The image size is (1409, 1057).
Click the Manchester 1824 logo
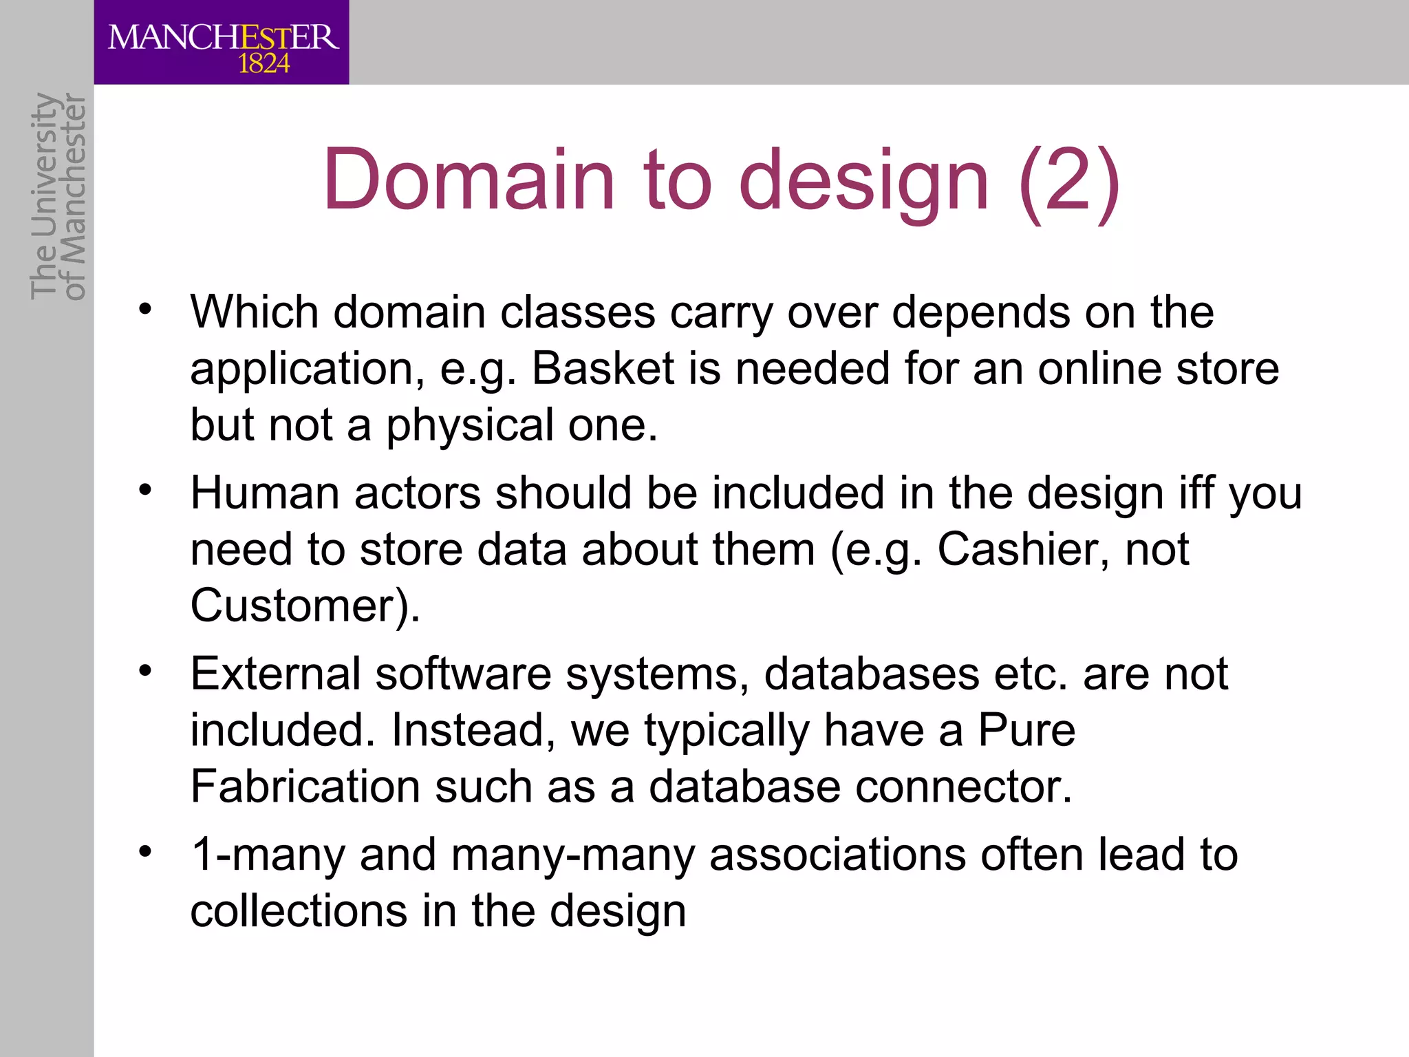[222, 43]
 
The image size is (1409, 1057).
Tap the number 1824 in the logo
[263, 64]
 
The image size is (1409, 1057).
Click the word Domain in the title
[469, 180]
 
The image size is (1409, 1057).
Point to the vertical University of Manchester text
[58, 196]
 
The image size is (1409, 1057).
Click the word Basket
[603, 369]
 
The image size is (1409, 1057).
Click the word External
[275, 674]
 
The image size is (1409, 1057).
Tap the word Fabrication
[305, 787]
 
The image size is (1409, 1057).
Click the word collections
[299, 912]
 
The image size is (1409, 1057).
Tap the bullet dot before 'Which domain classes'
[144, 308]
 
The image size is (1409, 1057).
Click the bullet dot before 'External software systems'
[144, 670]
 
